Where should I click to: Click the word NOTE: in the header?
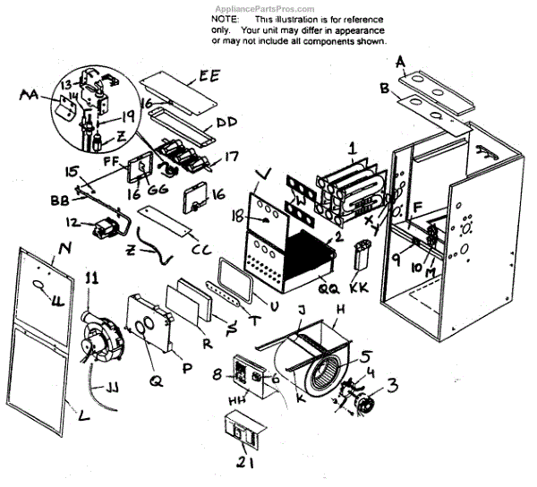(x=226, y=18)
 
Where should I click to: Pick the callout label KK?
(x=360, y=288)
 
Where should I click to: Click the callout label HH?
(x=238, y=402)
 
